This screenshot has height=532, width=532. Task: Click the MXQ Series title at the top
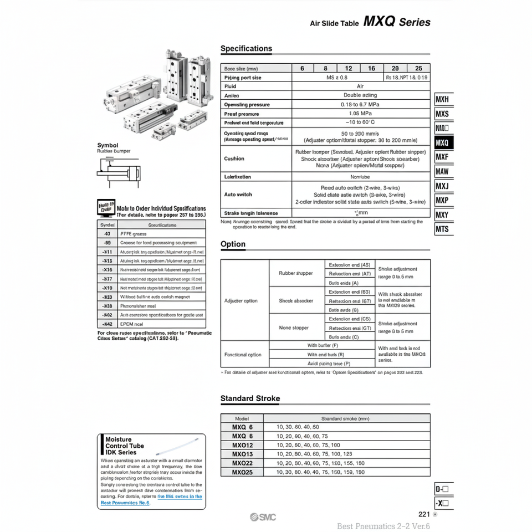(x=397, y=22)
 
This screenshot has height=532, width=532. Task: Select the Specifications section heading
(x=246, y=49)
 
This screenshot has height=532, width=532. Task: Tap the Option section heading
(x=233, y=244)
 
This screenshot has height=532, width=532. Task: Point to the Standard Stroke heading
(x=250, y=398)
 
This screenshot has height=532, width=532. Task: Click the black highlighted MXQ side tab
(x=443, y=142)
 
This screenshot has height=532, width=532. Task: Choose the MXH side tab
(x=443, y=100)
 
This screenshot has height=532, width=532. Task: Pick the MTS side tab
(x=443, y=229)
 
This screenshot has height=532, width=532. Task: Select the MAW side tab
(x=443, y=171)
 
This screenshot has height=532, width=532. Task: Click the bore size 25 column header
(x=418, y=69)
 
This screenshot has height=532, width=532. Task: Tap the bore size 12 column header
(x=349, y=69)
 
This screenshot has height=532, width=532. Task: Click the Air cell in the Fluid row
(x=360, y=86)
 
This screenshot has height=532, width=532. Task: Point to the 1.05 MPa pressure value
(x=360, y=114)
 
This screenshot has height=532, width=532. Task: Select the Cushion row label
(x=234, y=158)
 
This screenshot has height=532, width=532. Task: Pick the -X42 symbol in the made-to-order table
(x=107, y=324)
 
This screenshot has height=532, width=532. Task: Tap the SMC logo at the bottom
(x=262, y=517)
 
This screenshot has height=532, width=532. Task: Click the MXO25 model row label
(x=243, y=472)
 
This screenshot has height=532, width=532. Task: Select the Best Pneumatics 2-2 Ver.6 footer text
(x=383, y=526)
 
